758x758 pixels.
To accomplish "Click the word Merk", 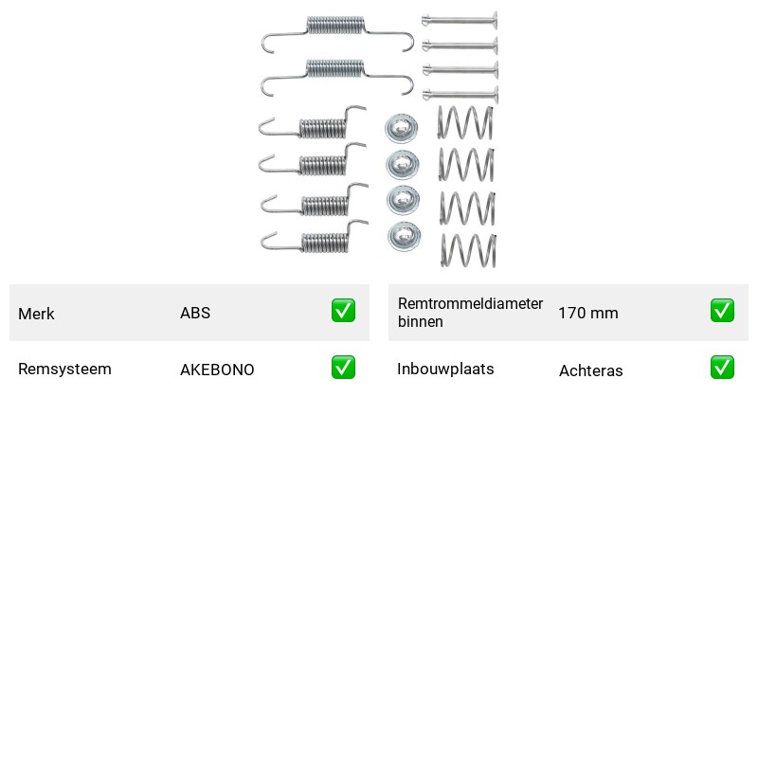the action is pyautogui.click(x=36, y=314).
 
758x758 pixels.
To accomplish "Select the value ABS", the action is pyautogui.click(x=195, y=313).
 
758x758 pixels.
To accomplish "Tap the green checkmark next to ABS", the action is pyautogui.click(x=343, y=311).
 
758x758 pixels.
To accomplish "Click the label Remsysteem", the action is pyautogui.click(x=64, y=369).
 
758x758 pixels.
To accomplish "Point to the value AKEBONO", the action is pyautogui.click(x=217, y=370).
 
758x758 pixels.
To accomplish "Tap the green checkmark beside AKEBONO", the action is pyautogui.click(x=343, y=368).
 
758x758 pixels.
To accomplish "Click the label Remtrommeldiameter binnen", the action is pyautogui.click(x=470, y=313).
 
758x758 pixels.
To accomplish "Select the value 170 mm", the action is pyautogui.click(x=588, y=314).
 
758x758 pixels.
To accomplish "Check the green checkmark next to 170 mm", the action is pyautogui.click(x=722, y=311).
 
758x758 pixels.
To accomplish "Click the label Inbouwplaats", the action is pyautogui.click(x=445, y=369).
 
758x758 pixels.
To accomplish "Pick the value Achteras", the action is pyautogui.click(x=590, y=370).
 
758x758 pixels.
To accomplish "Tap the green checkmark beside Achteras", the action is pyautogui.click(x=722, y=368).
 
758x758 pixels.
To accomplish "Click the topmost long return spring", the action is pyautogui.click(x=335, y=27).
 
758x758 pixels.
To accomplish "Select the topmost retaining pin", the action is pyautogui.click(x=460, y=21).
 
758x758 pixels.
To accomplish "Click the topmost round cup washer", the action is pyautogui.click(x=402, y=128).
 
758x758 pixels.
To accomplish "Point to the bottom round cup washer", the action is pyautogui.click(x=404, y=236).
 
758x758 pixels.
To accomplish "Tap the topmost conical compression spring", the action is pyautogui.click(x=465, y=123).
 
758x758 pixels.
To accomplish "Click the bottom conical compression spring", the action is pyautogui.click(x=468, y=250).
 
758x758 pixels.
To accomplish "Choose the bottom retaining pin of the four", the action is pyautogui.click(x=460, y=94).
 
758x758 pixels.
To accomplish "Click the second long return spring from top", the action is pyautogui.click(x=335, y=70).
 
